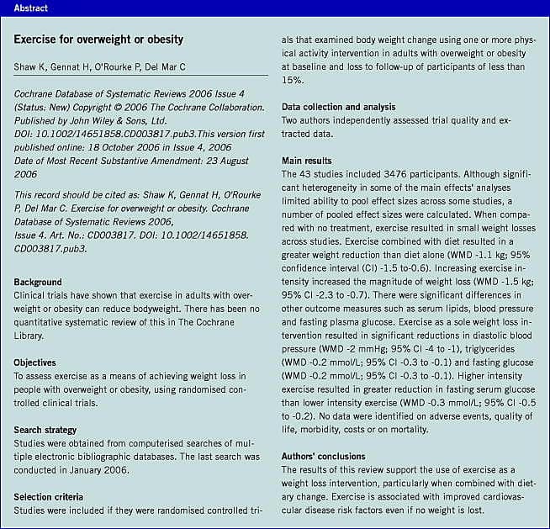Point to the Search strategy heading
[x=51, y=430]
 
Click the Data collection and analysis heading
[x=350, y=108]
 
